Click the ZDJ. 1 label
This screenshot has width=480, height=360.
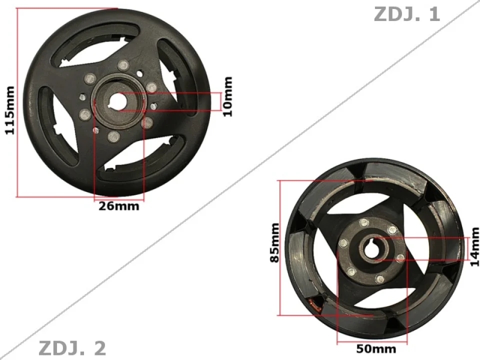tap(406, 14)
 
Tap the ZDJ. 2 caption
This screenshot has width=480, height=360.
tap(72, 348)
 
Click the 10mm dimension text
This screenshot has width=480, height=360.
tap(228, 96)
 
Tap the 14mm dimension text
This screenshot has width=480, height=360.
tap(474, 246)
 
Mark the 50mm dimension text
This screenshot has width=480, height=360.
tap(372, 348)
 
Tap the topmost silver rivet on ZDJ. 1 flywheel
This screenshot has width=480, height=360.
tap(122, 65)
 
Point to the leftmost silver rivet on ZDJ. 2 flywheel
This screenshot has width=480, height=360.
tap(343, 243)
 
